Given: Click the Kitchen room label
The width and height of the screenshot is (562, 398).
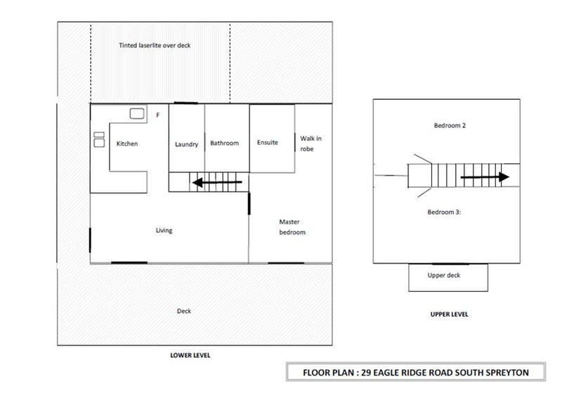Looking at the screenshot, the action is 127,143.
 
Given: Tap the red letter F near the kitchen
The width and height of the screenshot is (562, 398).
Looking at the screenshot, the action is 157,115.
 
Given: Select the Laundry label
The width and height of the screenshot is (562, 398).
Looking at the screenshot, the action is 186,144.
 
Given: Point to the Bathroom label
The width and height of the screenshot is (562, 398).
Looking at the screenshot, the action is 224,143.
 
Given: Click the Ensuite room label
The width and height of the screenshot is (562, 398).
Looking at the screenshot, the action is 268,143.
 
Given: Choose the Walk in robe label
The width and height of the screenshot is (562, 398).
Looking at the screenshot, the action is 311,143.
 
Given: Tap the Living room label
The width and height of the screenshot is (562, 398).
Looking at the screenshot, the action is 164,231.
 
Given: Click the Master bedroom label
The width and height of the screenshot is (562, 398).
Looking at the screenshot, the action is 292,227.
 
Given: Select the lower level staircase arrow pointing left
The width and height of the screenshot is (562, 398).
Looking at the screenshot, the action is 217,182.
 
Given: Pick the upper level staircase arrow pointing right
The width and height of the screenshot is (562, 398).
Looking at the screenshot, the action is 485,177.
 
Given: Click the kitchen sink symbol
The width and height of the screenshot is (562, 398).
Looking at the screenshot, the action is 137,114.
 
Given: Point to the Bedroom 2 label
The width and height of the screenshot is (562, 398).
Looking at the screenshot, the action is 450,126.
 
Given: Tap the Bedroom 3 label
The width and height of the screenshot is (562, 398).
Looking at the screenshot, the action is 444,212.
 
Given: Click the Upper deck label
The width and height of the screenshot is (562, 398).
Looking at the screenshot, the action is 444,275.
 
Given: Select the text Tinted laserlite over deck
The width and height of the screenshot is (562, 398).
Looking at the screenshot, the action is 155,45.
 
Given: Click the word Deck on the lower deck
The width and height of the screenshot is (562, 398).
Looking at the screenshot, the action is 184,311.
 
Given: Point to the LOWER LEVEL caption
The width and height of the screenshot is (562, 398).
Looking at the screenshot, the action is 190,355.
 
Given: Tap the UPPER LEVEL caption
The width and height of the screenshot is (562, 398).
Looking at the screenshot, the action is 449,314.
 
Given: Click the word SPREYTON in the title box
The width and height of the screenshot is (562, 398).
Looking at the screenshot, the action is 507,373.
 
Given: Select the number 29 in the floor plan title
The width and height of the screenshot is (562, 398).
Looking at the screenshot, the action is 366,373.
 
